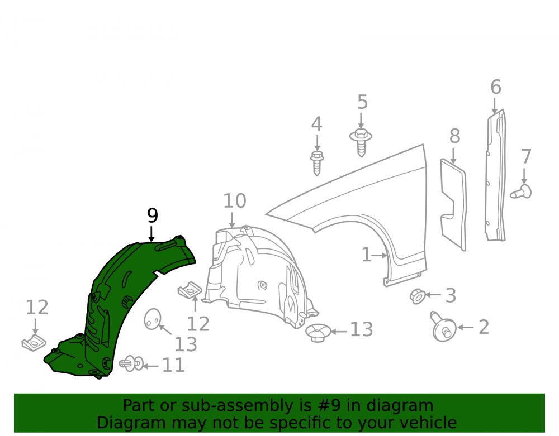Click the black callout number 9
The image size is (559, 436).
coord(152,215)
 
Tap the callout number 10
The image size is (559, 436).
coord(235,201)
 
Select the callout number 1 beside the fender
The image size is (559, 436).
coord(366,255)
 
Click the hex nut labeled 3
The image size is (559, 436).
coord(417,296)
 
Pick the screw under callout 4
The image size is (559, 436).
coord(316,163)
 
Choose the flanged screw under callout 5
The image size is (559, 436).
coord(361,143)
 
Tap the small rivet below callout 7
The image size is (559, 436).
coord(521,191)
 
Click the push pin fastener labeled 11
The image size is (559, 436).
coord(131,363)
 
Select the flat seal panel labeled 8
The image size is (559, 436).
coord(453,205)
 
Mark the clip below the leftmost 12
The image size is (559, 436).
coord(34,343)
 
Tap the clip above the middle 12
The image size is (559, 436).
coord(190,290)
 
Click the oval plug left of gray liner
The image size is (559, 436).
coord(153,319)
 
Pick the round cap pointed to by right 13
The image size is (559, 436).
coord(318,333)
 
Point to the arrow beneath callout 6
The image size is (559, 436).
coord(495,106)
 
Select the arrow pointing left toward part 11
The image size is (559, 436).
coord(151,366)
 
